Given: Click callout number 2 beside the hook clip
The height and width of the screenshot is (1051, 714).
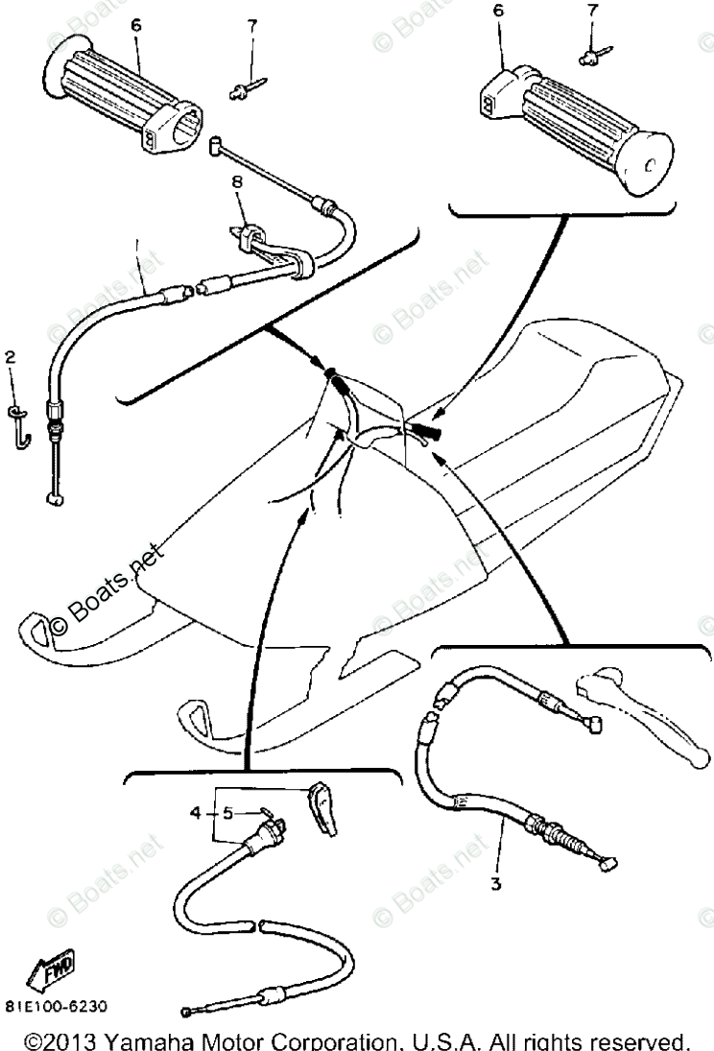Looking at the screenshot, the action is pos(11,358).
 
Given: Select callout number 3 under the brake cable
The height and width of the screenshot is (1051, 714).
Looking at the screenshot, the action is pos(495,883).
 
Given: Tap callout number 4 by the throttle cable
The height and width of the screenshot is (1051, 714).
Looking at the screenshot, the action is pos(196,812).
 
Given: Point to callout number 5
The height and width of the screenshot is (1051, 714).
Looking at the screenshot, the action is pos(227,812).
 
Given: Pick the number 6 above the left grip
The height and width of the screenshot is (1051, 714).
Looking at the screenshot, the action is pos(135,26).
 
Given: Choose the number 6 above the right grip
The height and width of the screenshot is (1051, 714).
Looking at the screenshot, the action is pos(497,11).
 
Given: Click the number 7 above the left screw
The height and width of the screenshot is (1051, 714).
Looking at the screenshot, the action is pos(253,26).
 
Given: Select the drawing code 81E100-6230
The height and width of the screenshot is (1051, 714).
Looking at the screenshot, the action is pos(56,1007).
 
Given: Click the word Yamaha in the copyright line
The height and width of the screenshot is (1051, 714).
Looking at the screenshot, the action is pos(162,1039).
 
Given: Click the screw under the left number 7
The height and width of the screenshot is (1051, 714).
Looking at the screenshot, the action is pos(246,88).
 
